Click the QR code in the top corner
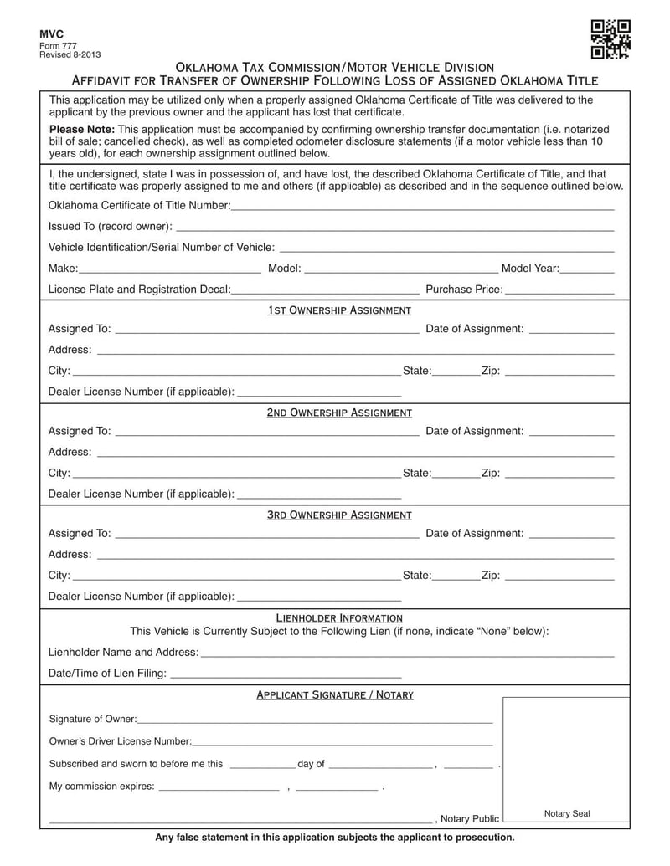pos(611,39)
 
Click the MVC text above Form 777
pos(52,33)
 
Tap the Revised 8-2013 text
pos(70,54)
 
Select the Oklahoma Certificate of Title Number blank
pos(422,206)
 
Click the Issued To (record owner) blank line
pos(394,227)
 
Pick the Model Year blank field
pos(587,269)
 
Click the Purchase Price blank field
pos(559,290)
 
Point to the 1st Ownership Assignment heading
pos(339,310)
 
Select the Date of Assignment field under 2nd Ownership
pos(572,432)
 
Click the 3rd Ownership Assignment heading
pos(339,515)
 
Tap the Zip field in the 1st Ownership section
pos(559,371)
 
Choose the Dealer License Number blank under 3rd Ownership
pos(319,597)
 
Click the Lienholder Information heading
pos(339,617)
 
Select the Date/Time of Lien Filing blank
pos(285,674)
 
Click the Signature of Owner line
pos(314,719)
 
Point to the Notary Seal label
pos(567,813)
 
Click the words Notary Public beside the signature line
pos(470,818)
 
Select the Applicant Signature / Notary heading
pos(334,694)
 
